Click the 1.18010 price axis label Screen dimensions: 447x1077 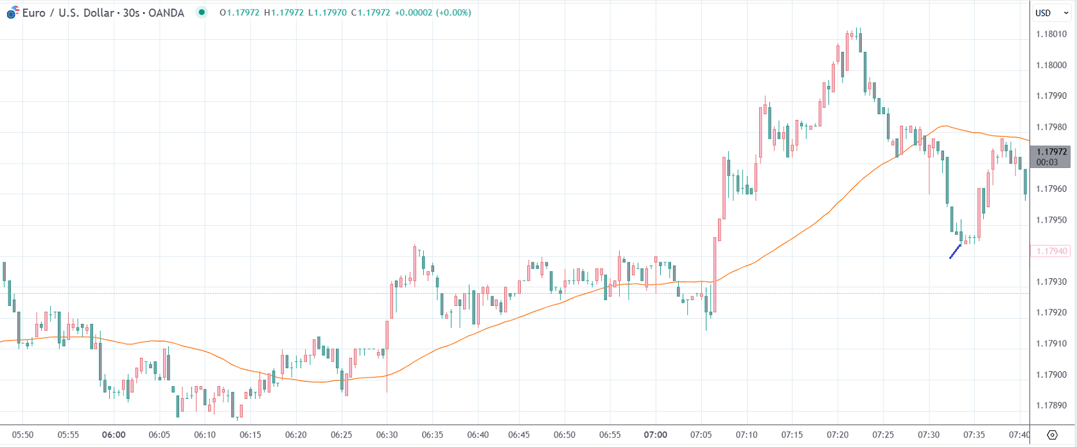point(1051,34)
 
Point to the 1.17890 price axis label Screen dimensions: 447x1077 point(1051,405)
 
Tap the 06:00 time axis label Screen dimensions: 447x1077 point(114,435)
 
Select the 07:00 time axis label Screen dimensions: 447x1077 point(655,435)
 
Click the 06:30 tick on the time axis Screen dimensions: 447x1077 point(387,435)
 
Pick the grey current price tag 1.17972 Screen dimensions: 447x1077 point(1051,153)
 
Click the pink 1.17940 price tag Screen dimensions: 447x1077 point(1051,251)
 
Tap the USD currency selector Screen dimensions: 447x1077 point(1047,13)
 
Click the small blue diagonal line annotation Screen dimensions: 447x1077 point(955,251)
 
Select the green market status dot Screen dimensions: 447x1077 point(202,12)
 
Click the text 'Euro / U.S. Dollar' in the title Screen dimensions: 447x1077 point(68,13)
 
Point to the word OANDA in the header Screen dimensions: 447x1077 point(166,13)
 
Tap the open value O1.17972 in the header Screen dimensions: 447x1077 point(240,13)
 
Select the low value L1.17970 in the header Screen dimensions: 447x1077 point(328,13)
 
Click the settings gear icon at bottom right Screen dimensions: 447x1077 point(1052,435)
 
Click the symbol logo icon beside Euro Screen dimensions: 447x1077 point(13,12)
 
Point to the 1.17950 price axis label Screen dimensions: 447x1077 point(1051,220)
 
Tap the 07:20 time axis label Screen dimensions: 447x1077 point(837,435)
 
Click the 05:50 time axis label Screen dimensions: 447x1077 point(22,435)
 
